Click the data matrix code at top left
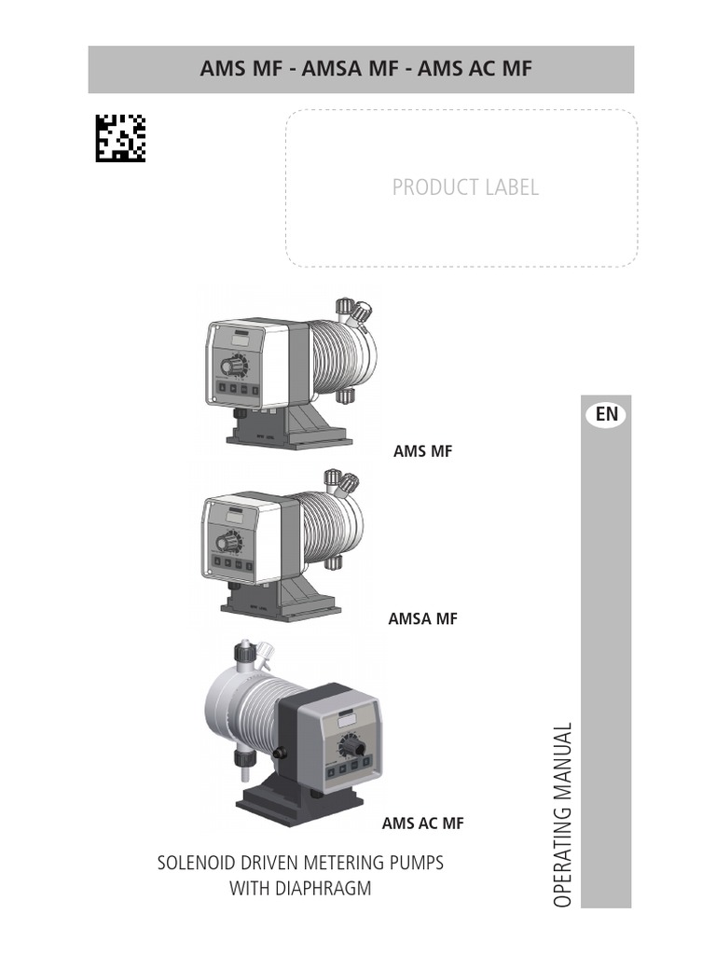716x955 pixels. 120,138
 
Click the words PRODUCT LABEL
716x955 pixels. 465,187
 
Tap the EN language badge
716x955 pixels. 607,414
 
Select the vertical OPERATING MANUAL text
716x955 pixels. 560,814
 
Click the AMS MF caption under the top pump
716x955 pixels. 423,451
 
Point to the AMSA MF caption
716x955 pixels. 422,618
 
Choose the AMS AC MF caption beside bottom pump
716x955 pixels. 422,824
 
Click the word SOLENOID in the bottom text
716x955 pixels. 197,863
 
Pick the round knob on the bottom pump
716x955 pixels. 351,743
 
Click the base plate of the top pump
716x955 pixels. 289,435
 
